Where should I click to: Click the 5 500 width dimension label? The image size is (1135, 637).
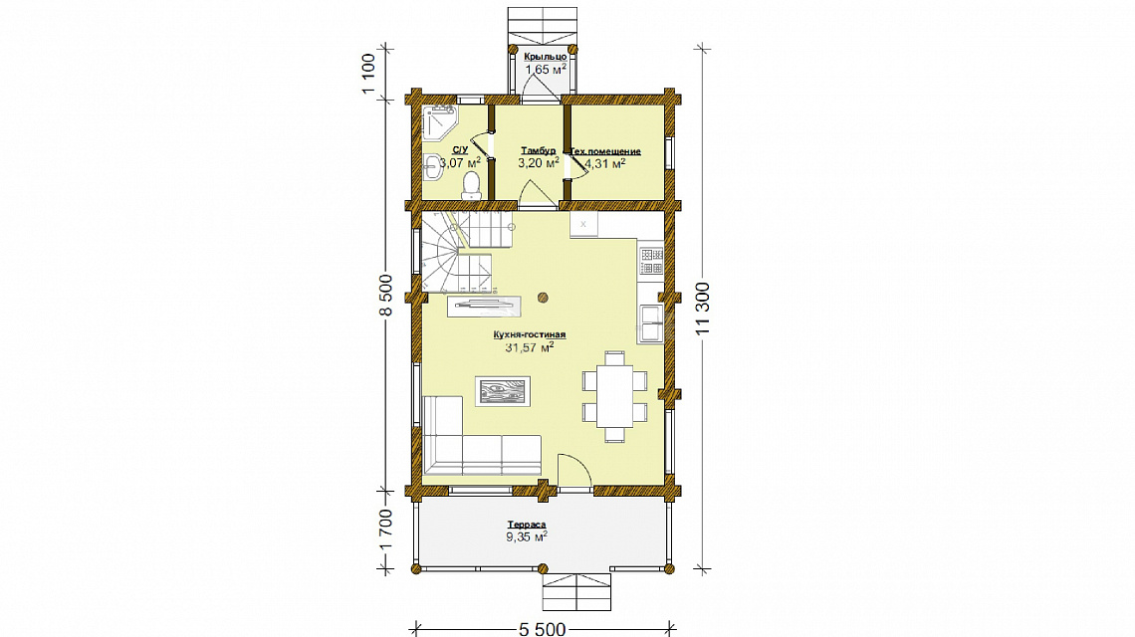pyautogui.click(x=543, y=628)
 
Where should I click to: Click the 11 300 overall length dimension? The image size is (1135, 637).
pyautogui.click(x=702, y=308)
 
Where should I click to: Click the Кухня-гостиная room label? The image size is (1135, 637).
pyautogui.click(x=529, y=335)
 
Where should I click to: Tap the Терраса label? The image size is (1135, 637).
pyautogui.click(x=527, y=525)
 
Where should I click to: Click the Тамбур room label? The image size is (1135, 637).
pyautogui.click(x=538, y=150)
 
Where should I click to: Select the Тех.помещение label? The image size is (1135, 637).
pyautogui.click(x=606, y=151)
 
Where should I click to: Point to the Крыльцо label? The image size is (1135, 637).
pyautogui.click(x=545, y=57)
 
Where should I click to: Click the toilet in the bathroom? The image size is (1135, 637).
pyautogui.click(x=471, y=186)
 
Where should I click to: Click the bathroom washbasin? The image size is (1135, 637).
pyautogui.click(x=431, y=165)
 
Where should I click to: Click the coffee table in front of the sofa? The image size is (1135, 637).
pyautogui.click(x=503, y=391)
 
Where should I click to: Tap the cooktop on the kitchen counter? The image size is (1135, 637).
pyautogui.click(x=651, y=262)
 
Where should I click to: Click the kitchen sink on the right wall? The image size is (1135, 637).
pyautogui.click(x=650, y=322)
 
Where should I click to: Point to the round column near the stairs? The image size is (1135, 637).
pyautogui.click(x=543, y=297)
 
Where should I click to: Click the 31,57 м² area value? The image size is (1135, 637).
pyautogui.click(x=529, y=347)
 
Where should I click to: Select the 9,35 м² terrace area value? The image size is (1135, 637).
pyautogui.click(x=527, y=537)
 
